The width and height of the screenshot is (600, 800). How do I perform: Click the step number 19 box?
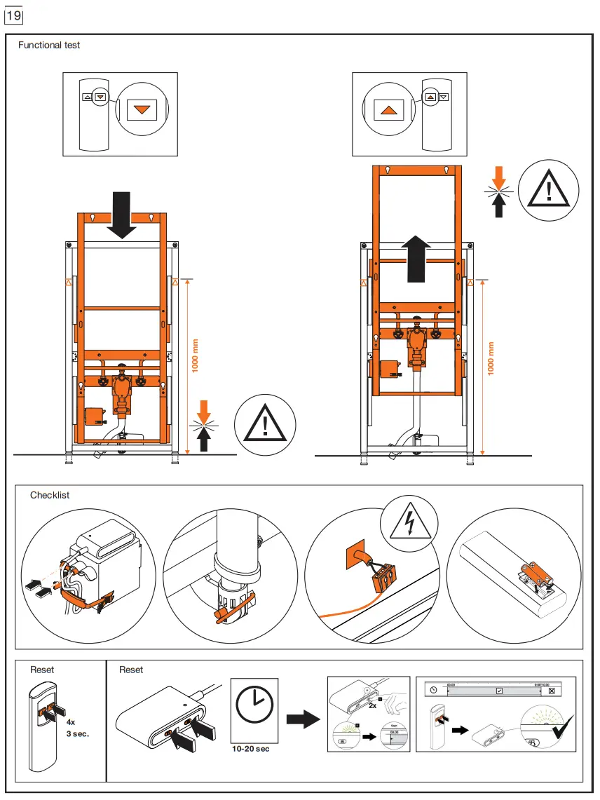pos(13,14)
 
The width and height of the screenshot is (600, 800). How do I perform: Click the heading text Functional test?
pos(49,45)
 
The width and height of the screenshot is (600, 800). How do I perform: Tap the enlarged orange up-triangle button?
pos(388,109)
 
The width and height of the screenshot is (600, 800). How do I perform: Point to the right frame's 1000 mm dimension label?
pos(491,358)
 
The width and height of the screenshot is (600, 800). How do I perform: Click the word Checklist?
pos(50,495)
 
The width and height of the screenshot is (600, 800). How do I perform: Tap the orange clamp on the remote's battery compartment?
pos(539,573)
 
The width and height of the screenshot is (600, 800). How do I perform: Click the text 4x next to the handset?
pos(71,721)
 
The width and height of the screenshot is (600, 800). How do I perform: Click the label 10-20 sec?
pos(251,749)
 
